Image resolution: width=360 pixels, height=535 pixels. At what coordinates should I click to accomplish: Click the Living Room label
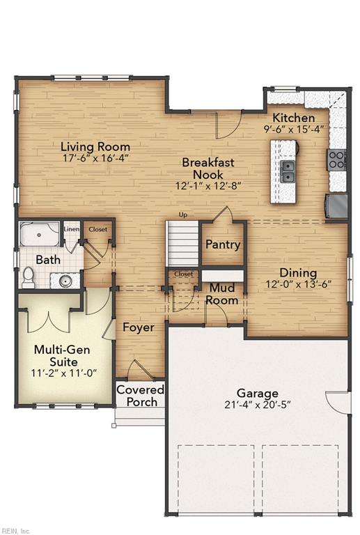click(x=95, y=147)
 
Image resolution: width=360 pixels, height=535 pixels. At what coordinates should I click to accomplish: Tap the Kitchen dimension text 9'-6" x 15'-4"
click(x=294, y=130)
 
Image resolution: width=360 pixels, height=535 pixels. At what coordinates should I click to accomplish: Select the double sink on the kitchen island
click(x=288, y=171)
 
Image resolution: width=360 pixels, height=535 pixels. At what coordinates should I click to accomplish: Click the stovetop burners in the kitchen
click(x=336, y=160)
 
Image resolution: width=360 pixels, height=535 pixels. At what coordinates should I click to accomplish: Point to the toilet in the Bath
click(x=28, y=277)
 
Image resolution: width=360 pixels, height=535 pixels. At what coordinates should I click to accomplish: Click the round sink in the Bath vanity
click(x=65, y=281)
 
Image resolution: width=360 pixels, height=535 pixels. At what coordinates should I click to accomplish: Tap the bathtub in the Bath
click(x=39, y=234)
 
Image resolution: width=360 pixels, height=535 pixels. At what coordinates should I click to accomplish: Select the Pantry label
click(x=223, y=245)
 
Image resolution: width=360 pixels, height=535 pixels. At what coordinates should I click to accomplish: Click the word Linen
click(x=72, y=229)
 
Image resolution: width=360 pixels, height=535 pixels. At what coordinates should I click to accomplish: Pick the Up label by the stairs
click(x=183, y=215)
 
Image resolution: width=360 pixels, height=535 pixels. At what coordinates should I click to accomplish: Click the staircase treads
click(x=182, y=244)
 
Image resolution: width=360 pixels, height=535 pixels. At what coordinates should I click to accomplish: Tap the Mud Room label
click(x=222, y=294)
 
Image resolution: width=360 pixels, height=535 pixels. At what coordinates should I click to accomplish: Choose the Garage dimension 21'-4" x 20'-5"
click(x=258, y=405)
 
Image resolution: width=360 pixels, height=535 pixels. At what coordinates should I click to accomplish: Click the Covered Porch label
click(x=141, y=396)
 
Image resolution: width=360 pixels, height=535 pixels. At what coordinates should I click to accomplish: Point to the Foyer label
click(x=139, y=327)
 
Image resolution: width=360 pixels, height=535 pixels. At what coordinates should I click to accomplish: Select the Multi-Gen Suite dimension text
click(x=64, y=373)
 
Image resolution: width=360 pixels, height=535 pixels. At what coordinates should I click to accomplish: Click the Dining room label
click(x=298, y=272)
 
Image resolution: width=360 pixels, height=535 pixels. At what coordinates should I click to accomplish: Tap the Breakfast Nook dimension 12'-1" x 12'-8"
click(x=209, y=186)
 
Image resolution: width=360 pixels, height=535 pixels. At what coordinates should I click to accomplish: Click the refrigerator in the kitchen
click(x=336, y=206)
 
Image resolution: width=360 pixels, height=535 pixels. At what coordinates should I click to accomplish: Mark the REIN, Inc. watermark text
click(x=15, y=531)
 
